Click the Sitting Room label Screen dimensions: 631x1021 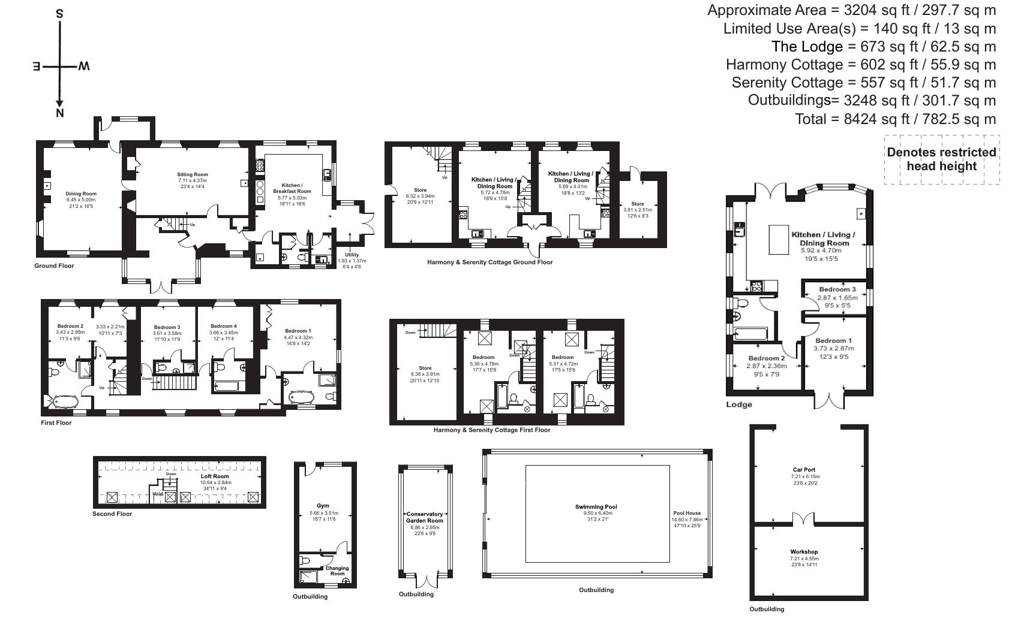pyautogui.click(x=192, y=174)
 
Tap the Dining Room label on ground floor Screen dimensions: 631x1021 pyautogui.click(x=81, y=194)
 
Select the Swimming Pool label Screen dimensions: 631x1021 pyautogui.click(x=596, y=507)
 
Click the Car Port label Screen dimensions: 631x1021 pyautogui.click(x=804, y=470)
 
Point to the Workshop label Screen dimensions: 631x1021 pyautogui.click(x=804, y=552)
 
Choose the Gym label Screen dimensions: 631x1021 pyautogui.click(x=323, y=506)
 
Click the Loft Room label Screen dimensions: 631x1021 pyautogui.click(x=215, y=476)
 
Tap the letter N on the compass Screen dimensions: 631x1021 pyautogui.click(x=59, y=113)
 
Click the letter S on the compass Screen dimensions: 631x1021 pyautogui.click(x=59, y=13)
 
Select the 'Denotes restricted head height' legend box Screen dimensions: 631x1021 pyautogui.click(x=941, y=159)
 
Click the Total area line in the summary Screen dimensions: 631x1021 pyautogui.click(x=895, y=119)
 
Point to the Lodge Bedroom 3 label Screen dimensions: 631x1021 pyautogui.click(x=837, y=289)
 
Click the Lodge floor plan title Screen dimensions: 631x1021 pyautogui.click(x=738, y=404)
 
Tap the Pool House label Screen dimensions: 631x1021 pyautogui.click(x=687, y=513)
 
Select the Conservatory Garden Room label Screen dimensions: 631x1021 pyautogui.click(x=424, y=517)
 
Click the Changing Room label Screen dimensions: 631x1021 pyautogui.click(x=337, y=570)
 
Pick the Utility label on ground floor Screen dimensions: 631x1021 pyautogui.click(x=352, y=255)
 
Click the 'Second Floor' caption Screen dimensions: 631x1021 pyautogui.click(x=112, y=514)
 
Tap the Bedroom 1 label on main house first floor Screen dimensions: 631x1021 pyautogui.click(x=298, y=331)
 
